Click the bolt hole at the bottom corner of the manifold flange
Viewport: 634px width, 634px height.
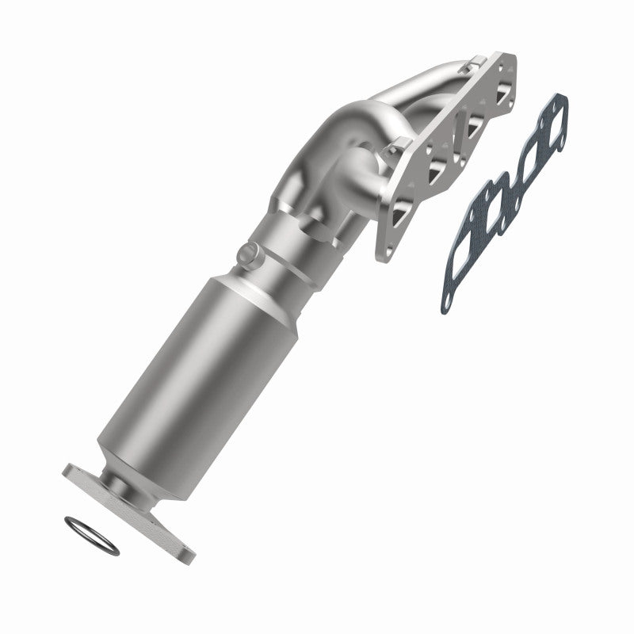pyautogui.click(x=383, y=252)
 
